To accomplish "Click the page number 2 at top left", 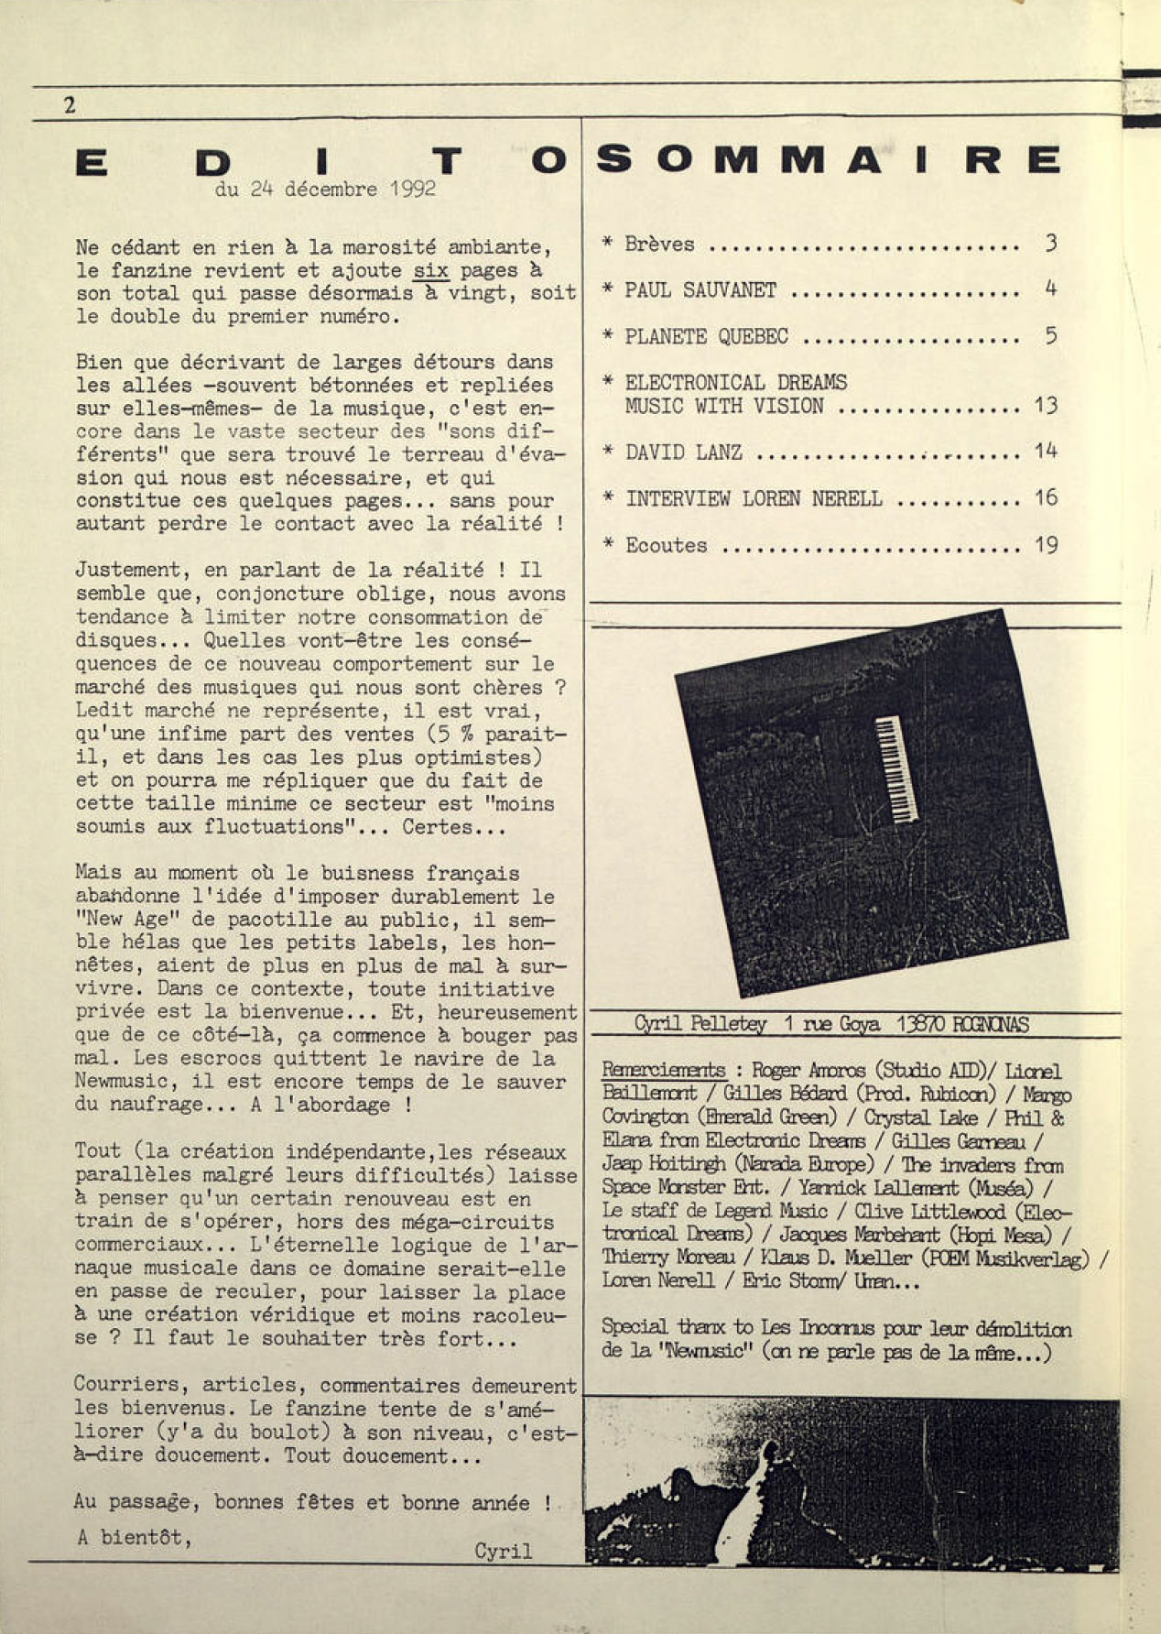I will click(x=70, y=105).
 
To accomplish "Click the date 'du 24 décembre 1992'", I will click(x=325, y=190).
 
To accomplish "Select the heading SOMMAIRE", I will click(x=829, y=159).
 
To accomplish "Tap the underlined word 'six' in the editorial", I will click(x=429, y=270).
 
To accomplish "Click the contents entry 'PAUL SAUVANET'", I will click(x=700, y=290).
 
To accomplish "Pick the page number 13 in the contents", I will click(x=1045, y=405).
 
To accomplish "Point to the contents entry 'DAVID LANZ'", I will click(x=684, y=452).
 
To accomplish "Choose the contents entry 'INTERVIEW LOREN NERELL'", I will click(x=754, y=498).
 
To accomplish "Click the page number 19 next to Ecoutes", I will click(x=1046, y=545).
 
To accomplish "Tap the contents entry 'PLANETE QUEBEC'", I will click(x=706, y=336).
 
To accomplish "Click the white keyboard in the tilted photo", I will click(x=896, y=768).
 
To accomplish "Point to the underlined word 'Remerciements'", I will click(x=664, y=1070).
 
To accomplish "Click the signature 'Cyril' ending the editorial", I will click(x=503, y=1551).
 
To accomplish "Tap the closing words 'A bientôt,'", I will click(x=135, y=1536).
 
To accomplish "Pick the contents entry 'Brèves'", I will click(x=659, y=244).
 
